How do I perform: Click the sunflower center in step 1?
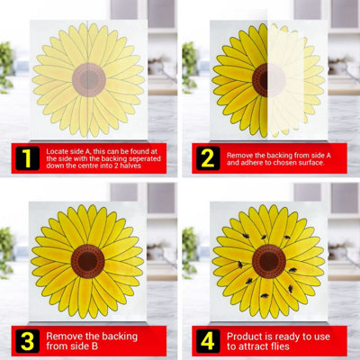pyautogui.click(x=88, y=79)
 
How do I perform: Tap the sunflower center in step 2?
pyautogui.click(x=267, y=79)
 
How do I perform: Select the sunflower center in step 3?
pyautogui.click(x=88, y=261)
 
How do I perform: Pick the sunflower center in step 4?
pyautogui.click(x=267, y=261)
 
